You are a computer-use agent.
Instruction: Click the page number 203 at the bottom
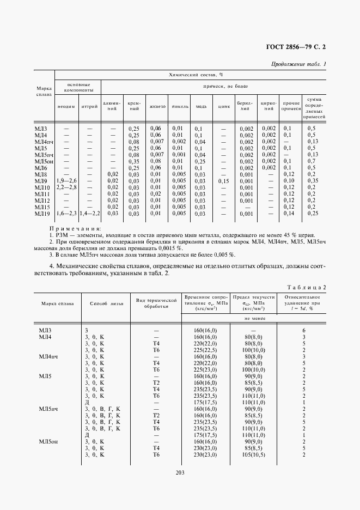180,472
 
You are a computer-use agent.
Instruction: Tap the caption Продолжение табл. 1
298,64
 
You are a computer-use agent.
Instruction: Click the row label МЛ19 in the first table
42,214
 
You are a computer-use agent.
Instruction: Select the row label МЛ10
42,187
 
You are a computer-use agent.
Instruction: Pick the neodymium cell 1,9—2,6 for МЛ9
66,180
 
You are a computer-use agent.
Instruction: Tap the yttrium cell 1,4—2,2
90,214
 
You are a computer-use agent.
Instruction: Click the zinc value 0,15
223,180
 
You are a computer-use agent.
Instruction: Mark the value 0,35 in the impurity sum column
312,180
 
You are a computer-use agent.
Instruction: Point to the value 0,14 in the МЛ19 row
289,214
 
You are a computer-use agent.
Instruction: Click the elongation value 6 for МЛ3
304,330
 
